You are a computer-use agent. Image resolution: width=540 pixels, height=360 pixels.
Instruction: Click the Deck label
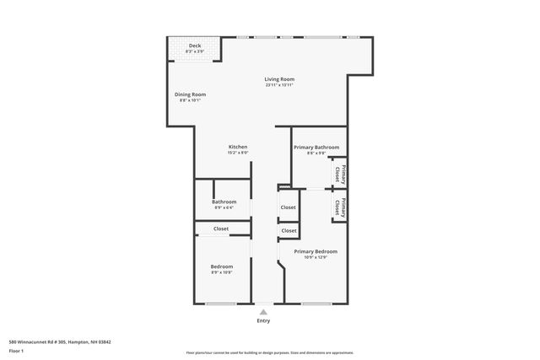tap(195, 46)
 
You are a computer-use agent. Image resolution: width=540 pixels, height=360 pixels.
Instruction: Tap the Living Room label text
tap(278, 79)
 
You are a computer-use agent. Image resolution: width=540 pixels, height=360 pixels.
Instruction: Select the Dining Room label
tap(190, 94)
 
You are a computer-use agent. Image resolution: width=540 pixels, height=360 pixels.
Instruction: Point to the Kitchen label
tap(237, 147)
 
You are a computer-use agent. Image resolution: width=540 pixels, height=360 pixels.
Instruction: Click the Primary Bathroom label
tap(310, 148)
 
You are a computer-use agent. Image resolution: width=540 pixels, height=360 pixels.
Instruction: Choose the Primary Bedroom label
tap(316, 251)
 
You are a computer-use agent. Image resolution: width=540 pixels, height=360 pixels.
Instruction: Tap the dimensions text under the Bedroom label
tap(221, 272)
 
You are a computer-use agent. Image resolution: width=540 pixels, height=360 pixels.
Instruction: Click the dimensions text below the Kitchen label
tap(237, 153)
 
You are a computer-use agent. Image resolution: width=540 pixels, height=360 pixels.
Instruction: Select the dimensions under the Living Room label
tap(278, 85)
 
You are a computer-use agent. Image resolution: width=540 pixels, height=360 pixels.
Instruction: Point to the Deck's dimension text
tap(195, 51)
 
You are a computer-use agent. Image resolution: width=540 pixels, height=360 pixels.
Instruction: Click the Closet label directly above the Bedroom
tap(221, 228)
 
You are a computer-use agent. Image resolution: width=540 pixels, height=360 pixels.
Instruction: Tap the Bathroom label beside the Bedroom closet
tap(224, 201)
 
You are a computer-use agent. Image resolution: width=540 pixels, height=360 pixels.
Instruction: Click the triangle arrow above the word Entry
tap(263, 311)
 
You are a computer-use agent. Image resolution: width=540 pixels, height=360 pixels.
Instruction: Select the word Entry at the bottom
tap(263, 321)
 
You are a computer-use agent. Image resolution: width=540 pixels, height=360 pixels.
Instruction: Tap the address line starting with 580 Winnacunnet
tap(60, 341)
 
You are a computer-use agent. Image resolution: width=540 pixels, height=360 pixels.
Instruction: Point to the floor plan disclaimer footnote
tap(269, 352)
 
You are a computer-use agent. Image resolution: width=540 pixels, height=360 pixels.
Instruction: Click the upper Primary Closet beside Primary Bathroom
tap(337, 173)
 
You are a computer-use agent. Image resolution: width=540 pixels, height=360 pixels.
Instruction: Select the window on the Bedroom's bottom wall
tap(221, 304)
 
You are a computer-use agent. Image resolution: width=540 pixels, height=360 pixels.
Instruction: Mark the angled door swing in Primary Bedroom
tap(282, 267)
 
